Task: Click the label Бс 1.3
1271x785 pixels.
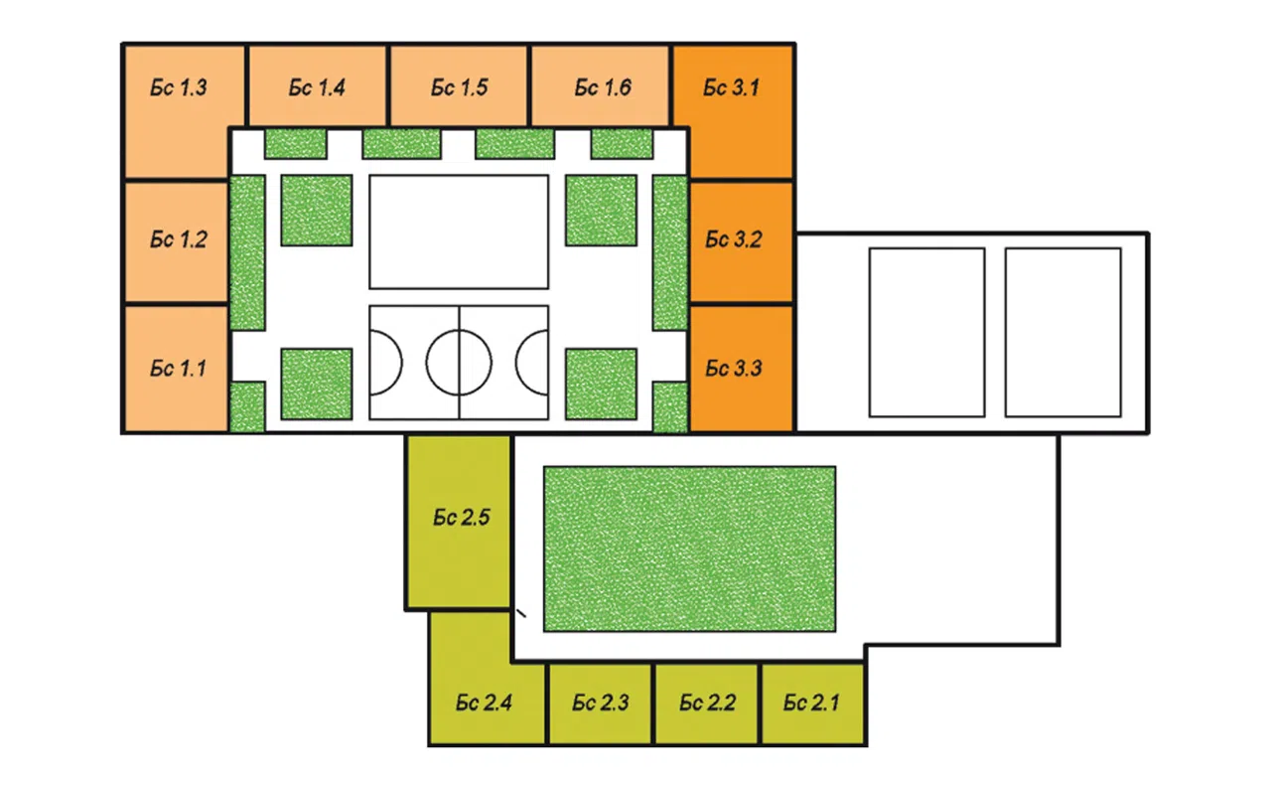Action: [x=178, y=88]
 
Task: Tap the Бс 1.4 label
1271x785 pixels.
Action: [x=317, y=88]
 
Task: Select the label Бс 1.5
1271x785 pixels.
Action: [x=459, y=88]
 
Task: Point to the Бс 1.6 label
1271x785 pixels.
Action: [x=603, y=88]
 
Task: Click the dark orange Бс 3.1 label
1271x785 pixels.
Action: [x=731, y=88]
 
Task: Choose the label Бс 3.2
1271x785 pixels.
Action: [x=733, y=239]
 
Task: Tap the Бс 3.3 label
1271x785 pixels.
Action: [x=733, y=369]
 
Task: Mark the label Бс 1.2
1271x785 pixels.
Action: [x=178, y=239]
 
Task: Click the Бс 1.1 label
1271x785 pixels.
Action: [x=178, y=369]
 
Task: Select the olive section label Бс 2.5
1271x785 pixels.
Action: [x=461, y=518]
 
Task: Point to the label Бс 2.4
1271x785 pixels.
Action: [x=484, y=704]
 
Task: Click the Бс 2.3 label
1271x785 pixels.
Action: [x=601, y=704]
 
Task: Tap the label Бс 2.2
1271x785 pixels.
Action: [x=708, y=704]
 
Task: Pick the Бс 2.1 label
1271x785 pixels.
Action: [x=811, y=704]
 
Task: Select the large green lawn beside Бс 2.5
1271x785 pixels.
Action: [x=689, y=549]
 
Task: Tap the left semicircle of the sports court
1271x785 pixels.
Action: [x=402, y=363]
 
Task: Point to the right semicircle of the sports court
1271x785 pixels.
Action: [x=516, y=363]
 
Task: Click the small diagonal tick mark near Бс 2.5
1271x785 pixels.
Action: [x=521, y=613]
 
